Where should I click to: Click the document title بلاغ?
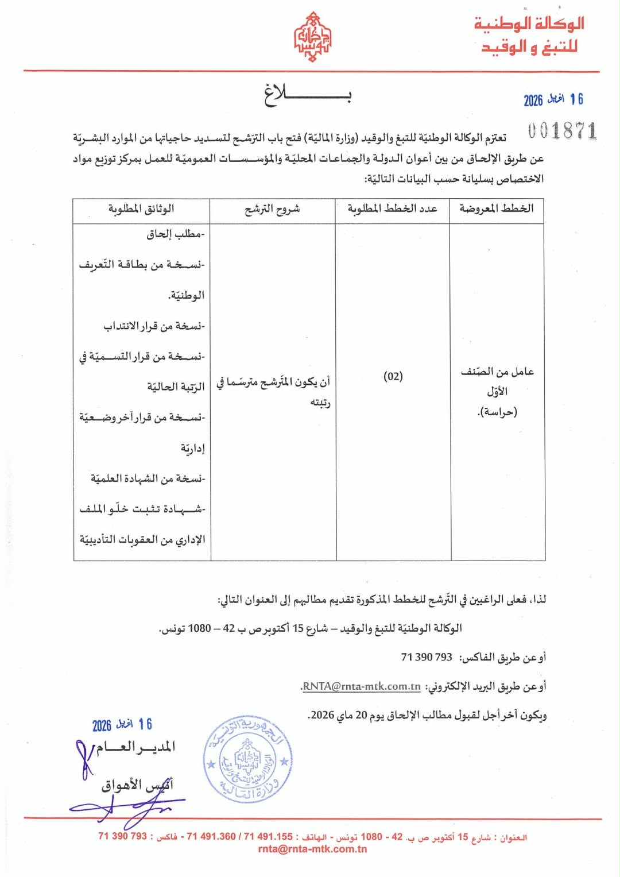click(x=308, y=95)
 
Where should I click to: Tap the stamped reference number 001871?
click(x=562, y=131)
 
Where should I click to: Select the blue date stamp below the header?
click(x=553, y=100)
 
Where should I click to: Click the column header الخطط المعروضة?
click(x=496, y=208)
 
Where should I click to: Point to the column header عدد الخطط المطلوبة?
click(x=392, y=208)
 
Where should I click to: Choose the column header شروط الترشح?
click(x=272, y=209)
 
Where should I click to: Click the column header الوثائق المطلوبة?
click(x=141, y=208)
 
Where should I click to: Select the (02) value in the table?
click(x=393, y=377)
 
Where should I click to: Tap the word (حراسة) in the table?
click(x=497, y=412)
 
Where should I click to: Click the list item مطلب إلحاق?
click(x=175, y=234)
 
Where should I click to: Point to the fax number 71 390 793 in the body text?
click(x=427, y=657)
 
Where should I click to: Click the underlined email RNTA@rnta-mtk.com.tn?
click(x=361, y=686)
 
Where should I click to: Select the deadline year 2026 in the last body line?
click(x=322, y=715)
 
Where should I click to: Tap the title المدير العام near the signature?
click(x=135, y=747)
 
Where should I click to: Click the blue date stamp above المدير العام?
click(x=122, y=725)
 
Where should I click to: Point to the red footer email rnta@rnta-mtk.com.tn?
click(x=312, y=849)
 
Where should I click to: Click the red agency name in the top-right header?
click(x=529, y=35)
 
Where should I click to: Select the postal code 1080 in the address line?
click(x=200, y=628)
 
